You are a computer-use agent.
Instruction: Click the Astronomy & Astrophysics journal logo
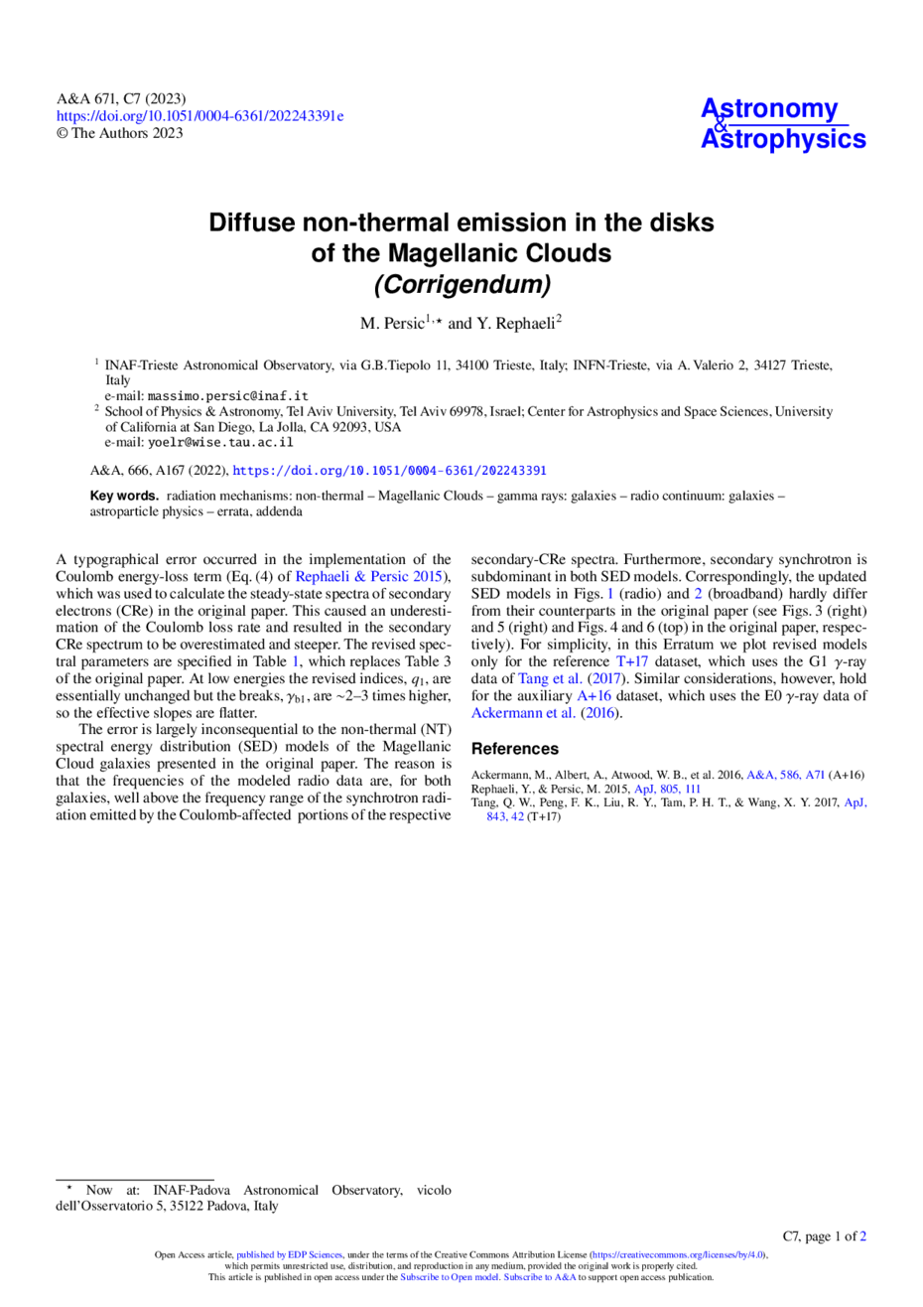pyautogui.click(x=782, y=124)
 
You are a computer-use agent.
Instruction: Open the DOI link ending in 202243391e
pyautogui.click(x=200, y=116)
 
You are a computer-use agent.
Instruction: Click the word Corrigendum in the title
pyautogui.click(x=462, y=284)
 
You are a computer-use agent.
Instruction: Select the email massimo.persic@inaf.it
pyautogui.click(x=227, y=396)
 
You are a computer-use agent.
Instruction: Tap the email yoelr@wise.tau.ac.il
pyautogui.click(x=220, y=442)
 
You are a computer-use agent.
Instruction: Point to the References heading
pyautogui.click(x=515, y=749)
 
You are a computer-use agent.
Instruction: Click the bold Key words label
pyautogui.click(x=124, y=496)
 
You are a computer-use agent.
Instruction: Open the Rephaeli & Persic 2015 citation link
pyautogui.click(x=368, y=576)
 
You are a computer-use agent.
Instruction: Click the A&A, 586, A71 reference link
pyautogui.click(x=785, y=775)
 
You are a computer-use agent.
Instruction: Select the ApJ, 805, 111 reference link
pyautogui.click(x=667, y=789)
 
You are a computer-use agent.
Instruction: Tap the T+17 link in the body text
pyautogui.click(x=631, y=661)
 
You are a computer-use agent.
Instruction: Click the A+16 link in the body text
pyautogui.click(x=594, y=695)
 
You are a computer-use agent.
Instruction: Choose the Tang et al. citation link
pyautogui.click(x=550, y=678)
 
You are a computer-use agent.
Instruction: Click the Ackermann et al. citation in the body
pyautogui.click(x=523, y=713)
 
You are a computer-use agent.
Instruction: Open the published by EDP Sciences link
pyautogui.click(x=289, y=1255)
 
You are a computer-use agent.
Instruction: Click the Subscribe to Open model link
pyautogui.click(x=450, y=1277)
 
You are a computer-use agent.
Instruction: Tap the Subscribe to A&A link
pyautogui.click(x=539, y=1277)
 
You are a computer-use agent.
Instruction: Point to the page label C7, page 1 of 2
pyautogui.click(x=824, y=1236)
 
